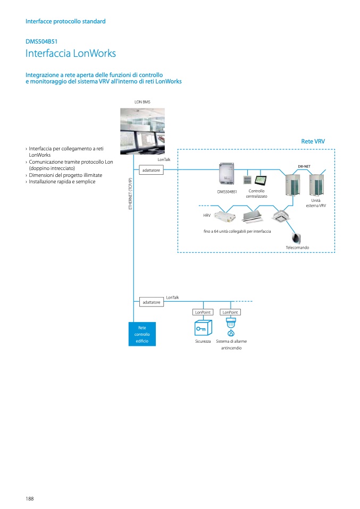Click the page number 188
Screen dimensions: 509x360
coord(30,498)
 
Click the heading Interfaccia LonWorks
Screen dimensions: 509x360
coord(71,54)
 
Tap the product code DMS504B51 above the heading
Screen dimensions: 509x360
coord(41,40)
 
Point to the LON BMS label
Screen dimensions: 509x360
coord(143,101)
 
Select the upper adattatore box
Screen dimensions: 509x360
coord(151,170)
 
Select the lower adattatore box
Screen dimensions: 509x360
coord(151,302)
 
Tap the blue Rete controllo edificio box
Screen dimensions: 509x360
coord(142,334)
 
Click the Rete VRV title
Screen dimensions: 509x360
coord(313,142)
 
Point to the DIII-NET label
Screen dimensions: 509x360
coord(304,166)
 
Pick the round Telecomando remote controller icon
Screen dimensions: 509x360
coord(296,238)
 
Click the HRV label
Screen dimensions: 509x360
coord(207,216)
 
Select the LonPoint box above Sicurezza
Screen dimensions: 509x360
coord(203,312)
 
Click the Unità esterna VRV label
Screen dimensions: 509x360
coord(315,202)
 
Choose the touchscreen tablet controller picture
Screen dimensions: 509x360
coord(261,179)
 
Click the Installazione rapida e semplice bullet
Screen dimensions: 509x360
coord(62,182)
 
